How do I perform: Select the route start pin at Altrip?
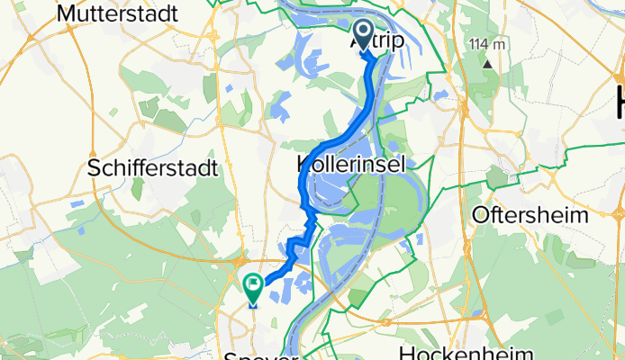click(x=364, y=37)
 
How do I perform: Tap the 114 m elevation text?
click(x=486, y=45)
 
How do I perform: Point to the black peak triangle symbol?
click(x=488, y=64)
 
